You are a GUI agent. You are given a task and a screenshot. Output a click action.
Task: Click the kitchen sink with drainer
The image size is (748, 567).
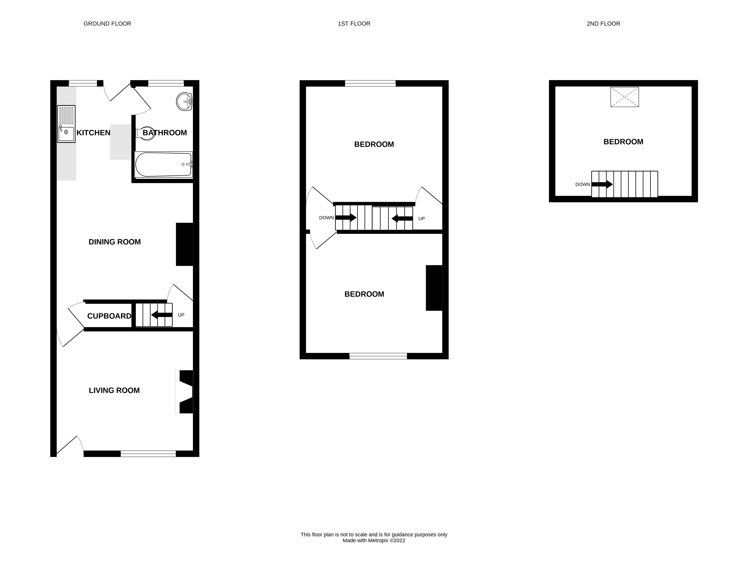(66, 124)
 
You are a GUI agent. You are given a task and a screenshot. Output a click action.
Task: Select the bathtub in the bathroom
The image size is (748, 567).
(163, 165)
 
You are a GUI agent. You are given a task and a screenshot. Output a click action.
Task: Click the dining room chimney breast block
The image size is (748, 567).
(184, 244)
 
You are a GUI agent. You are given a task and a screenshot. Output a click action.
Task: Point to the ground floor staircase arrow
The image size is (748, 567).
(162, 315)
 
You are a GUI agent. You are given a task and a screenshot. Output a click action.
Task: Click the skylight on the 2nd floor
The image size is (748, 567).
(624, 97)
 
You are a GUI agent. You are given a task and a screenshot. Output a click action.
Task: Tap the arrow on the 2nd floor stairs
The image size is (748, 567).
(602, 184)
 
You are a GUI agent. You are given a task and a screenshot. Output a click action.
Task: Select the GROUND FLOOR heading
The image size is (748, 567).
(107, 24)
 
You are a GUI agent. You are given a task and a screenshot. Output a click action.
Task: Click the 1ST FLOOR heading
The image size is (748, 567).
(354, 24)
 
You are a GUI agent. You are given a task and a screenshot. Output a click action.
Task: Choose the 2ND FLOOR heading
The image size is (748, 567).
(603, 24)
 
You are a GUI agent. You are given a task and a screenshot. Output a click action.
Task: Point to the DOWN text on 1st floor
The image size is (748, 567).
(326, 218)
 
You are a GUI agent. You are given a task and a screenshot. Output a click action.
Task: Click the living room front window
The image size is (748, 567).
(148, 454)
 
